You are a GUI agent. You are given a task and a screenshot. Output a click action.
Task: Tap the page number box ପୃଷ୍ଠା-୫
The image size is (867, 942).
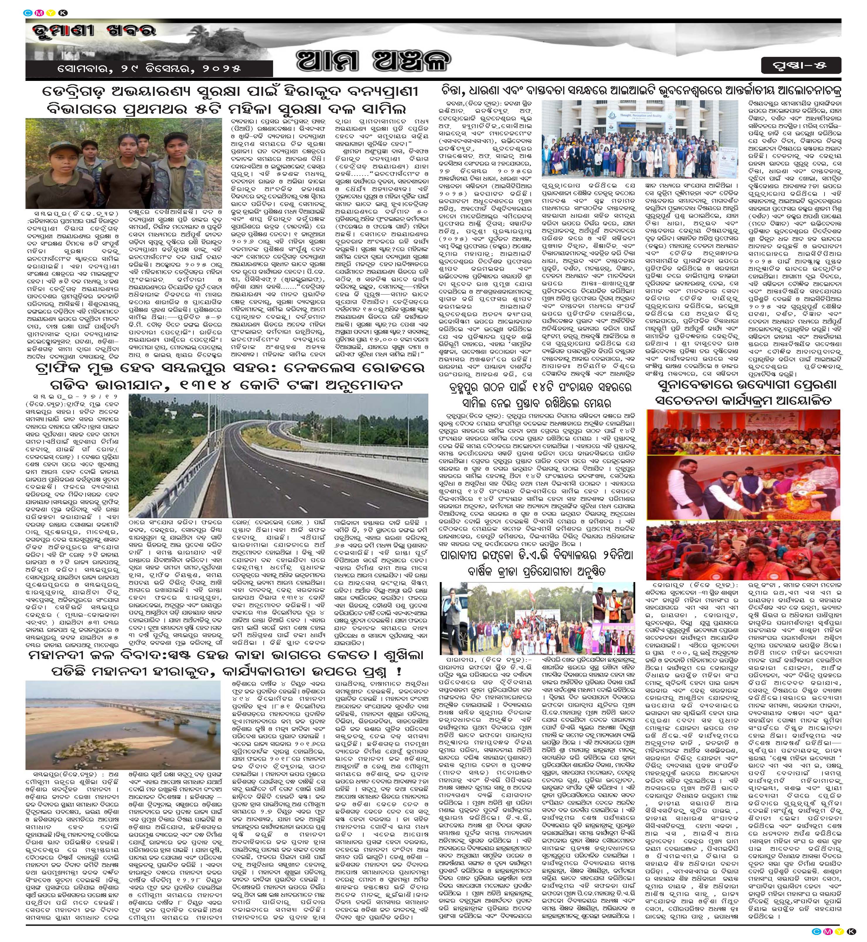click(x=812, y=65)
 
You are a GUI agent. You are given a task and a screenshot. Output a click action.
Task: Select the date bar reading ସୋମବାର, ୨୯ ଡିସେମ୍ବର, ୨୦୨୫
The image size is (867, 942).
click(x=149, y=68)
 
